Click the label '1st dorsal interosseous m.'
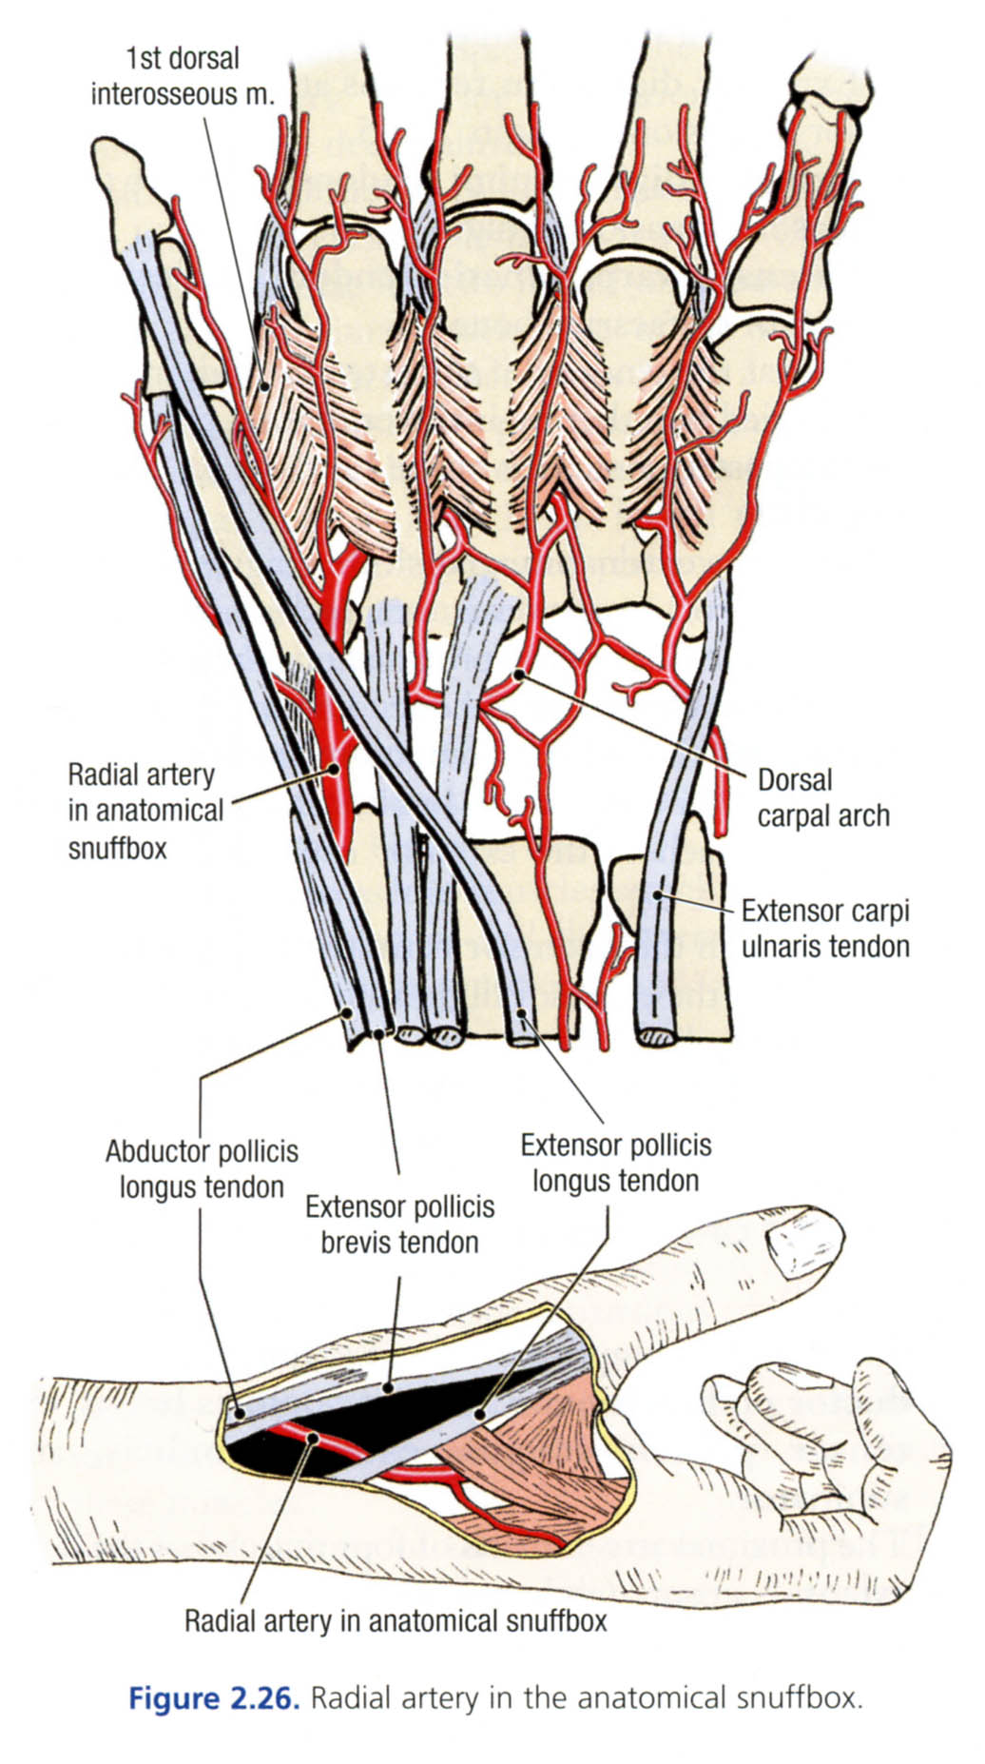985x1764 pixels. coord(183,76)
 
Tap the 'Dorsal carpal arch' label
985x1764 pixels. coord(822,797)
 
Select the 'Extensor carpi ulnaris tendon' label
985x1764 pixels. coord(824,928)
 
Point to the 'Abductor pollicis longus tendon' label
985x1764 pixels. coord(202,1168)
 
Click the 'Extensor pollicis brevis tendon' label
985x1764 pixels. coord(399,1225)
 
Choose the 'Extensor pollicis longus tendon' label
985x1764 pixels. coord(615,1162)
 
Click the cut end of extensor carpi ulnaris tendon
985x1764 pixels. coord(656,1036)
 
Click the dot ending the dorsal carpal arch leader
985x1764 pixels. coord(518,676)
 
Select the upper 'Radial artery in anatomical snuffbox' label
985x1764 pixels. coord(145,811)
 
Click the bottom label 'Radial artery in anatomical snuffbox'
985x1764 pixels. coord(395,1620)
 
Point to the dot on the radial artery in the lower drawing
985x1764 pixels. coord(311,1438)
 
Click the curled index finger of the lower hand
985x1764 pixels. coord(751,1408)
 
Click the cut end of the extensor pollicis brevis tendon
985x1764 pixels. coord(379,1031)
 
